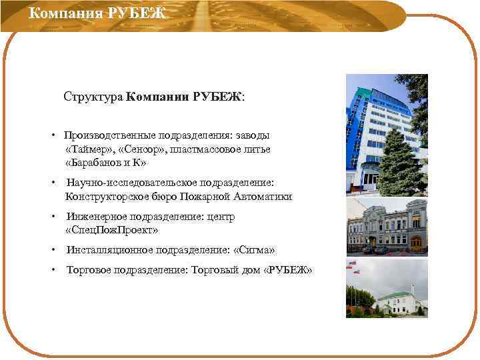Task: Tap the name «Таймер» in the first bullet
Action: click(x=90, y=149)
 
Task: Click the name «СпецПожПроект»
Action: click(x=112, y=230)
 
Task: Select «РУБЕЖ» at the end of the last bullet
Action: click(x=288, y=270)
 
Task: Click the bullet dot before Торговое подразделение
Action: click(x=52, y=270)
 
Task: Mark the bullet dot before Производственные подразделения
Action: click(x=52, y=135)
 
